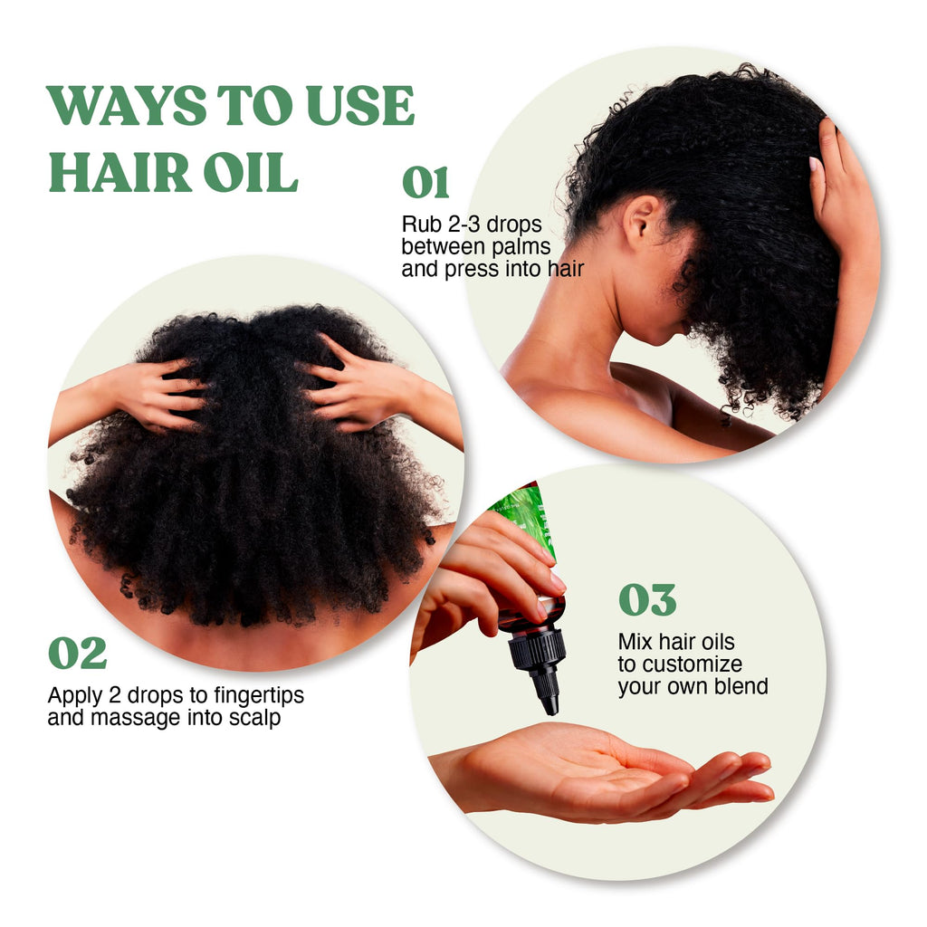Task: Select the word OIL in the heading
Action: point(251,172)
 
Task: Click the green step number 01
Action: point(425,183)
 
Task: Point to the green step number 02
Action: point(78,654)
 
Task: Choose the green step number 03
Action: point(647,600)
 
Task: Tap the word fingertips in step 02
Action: point(259,696)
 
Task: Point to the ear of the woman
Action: point(642,222)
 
